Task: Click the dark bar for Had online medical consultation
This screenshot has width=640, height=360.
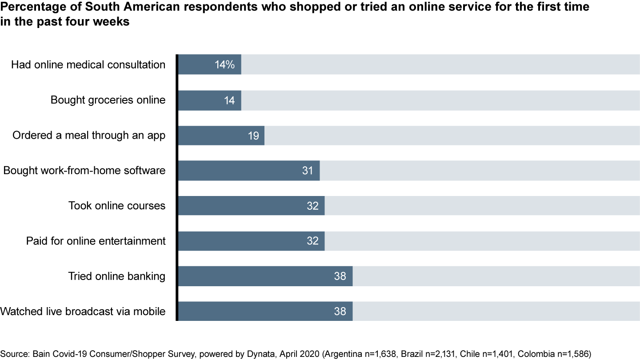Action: point(209,64)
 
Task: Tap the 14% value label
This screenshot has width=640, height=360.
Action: point(224,65)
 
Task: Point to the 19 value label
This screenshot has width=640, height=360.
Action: point(253,136)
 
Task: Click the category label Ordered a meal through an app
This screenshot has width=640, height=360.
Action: point(89,135)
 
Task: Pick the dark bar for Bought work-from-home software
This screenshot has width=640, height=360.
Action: point(240,170)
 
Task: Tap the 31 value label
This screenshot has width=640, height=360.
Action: point(308,171)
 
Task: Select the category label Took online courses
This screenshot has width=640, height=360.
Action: point(117,206)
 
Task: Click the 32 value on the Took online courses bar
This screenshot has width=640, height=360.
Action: point(312,206)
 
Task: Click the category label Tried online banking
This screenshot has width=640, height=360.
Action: point(117,276)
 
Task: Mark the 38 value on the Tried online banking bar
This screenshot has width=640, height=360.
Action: point(340,276)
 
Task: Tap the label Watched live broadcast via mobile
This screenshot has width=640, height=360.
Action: point(83,311)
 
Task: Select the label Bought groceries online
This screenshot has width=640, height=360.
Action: point(108,100)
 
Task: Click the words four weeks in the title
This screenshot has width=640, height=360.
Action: point(95,21)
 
